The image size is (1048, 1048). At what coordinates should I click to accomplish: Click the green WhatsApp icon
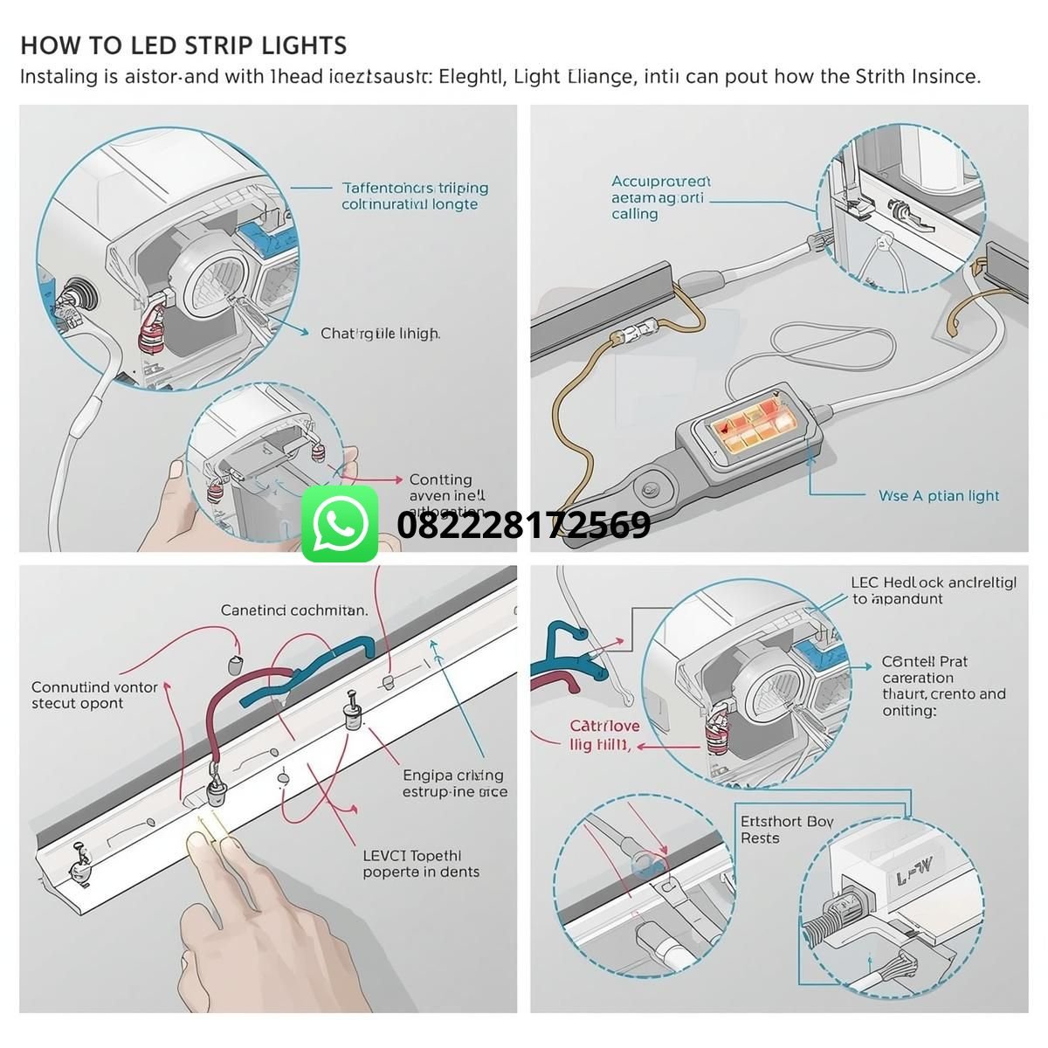(x=340, y=524)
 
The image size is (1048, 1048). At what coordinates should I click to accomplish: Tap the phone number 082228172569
(x=523, y=525)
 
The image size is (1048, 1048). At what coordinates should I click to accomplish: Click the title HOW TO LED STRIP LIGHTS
(x=183, y=45)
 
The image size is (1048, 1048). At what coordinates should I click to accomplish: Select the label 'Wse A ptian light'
(x=938, y=496)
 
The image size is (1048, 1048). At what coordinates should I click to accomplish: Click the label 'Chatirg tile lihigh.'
(x=380, y=334)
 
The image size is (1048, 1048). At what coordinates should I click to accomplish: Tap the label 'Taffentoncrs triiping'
(x=414, y=188)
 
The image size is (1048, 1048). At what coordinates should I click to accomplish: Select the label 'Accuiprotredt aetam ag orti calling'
(x=660, y=197)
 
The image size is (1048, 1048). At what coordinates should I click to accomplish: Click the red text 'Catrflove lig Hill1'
(x=604, y=735)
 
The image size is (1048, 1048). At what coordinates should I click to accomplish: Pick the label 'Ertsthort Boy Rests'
(x=786, y=830)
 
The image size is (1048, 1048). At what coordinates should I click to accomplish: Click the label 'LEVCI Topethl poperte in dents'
(x=420, y=864)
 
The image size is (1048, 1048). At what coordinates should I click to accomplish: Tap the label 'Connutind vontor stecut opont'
(x=94, y=695)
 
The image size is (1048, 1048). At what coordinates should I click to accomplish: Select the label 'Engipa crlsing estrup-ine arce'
(x=454, y=783)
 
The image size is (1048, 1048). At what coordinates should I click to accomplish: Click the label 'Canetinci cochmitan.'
(x=293, y=610)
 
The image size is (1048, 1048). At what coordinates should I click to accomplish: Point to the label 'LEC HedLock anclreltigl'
(x=933, y=583)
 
